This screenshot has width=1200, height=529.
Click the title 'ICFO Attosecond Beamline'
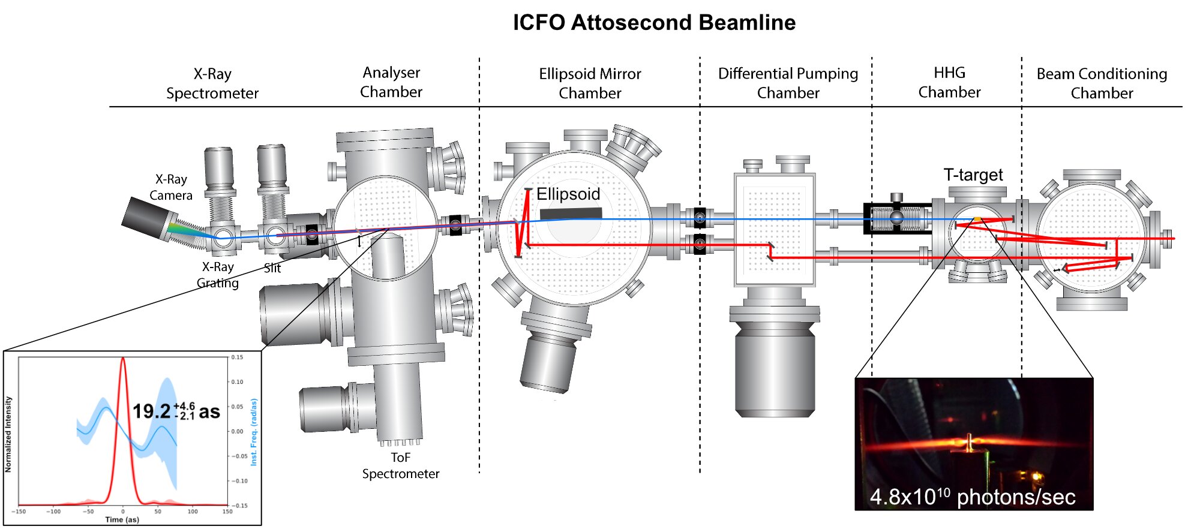pos(654,23)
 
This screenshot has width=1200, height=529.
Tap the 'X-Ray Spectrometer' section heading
pos(212,83)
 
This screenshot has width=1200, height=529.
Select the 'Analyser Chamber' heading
pos(391,82)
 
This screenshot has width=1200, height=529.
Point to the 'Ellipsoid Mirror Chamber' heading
pos(590,83)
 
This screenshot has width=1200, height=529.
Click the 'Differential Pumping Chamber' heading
pos(788,83)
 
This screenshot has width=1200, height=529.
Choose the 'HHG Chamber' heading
pos(949,82)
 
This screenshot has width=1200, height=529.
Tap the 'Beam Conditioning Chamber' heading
pos(1102,83)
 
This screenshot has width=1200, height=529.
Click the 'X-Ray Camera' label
pos(171,187)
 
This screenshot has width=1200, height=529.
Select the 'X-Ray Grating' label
pos(218,275)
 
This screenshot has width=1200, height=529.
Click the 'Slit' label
pos(272,268)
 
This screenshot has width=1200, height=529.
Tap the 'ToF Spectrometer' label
pos(401,465)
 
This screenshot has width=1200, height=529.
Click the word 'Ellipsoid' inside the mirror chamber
pos(568,194)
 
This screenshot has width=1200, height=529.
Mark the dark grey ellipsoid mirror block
pos(571,214)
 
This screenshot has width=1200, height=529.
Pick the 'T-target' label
pos(973,175)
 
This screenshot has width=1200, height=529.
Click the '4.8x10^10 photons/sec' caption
pos(973,497)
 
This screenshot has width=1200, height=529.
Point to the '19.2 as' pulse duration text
pos(176,411)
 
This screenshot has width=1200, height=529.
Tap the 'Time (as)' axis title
pos(122,519)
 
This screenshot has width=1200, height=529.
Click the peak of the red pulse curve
pos(123,359)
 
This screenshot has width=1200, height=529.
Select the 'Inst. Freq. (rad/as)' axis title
pos(254,432)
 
